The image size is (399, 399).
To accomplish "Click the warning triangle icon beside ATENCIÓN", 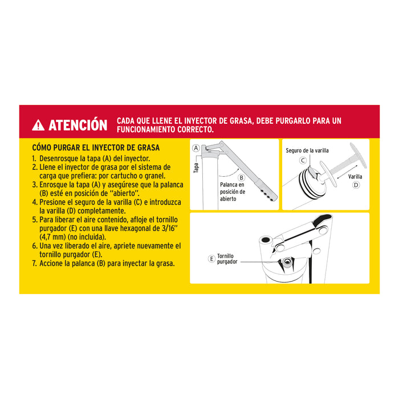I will (x=38, y=125).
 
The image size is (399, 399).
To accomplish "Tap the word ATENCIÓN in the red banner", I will (x=78, y=125).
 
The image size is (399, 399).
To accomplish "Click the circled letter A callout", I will (x=196, y=148).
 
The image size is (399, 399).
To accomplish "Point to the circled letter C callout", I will (x=303, y=161).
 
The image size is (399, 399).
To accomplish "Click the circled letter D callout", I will (x=356, y=185).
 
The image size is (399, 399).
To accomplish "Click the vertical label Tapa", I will (x=196, y=167).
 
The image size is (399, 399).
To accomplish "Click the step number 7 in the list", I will (x=34, y=263).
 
